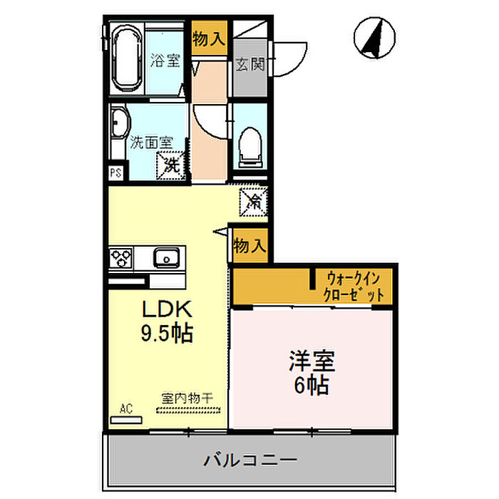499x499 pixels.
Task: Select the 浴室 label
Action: coord(165,61)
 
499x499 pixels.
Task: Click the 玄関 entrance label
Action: coord(249,64)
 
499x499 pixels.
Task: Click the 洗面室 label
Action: coord(151,141)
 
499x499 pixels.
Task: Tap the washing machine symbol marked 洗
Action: coord(172,164)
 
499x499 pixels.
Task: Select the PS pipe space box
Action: coord(115,173)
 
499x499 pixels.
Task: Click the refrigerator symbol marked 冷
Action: coord(253,201)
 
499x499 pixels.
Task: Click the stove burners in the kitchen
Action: coord(121,257)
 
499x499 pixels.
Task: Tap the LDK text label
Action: coord(166,310)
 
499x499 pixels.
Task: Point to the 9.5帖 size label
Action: coord(166,334)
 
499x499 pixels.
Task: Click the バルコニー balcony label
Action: coord(249,460)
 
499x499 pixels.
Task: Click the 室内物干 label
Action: coord(184,398)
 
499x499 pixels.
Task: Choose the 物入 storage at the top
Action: coord(210,40)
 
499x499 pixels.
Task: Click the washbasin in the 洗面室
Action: coord(119,126)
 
